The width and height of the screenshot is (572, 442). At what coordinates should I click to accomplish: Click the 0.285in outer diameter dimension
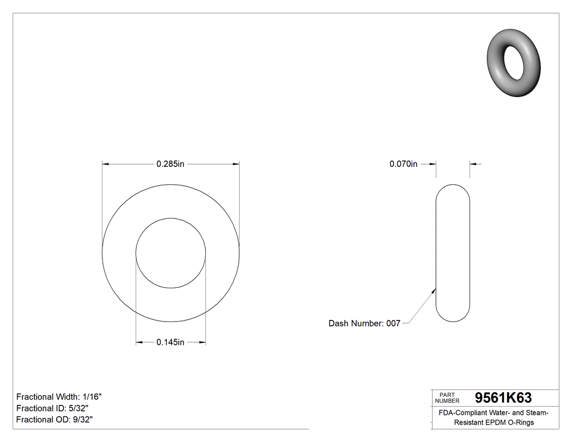coord(171,164)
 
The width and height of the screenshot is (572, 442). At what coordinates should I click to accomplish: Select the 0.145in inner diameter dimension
coord(171,342)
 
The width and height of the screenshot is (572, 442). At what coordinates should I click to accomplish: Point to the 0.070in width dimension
coord(403,164)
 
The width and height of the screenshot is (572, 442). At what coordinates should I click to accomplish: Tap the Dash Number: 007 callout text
coord(364,323)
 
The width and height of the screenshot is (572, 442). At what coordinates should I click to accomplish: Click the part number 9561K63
coord(503,398)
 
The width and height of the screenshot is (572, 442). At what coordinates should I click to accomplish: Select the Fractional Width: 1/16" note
coord(59,397)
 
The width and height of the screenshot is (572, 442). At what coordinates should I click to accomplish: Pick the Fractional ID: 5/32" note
coord(52,408)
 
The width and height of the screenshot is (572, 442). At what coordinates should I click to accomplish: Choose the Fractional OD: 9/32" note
coord(54,420)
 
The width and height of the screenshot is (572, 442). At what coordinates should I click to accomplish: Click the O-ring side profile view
coord(453,253)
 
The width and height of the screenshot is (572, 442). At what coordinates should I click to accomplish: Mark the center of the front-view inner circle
coord(171,253)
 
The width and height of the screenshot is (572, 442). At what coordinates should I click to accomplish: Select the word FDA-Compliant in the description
coord(460,413)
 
